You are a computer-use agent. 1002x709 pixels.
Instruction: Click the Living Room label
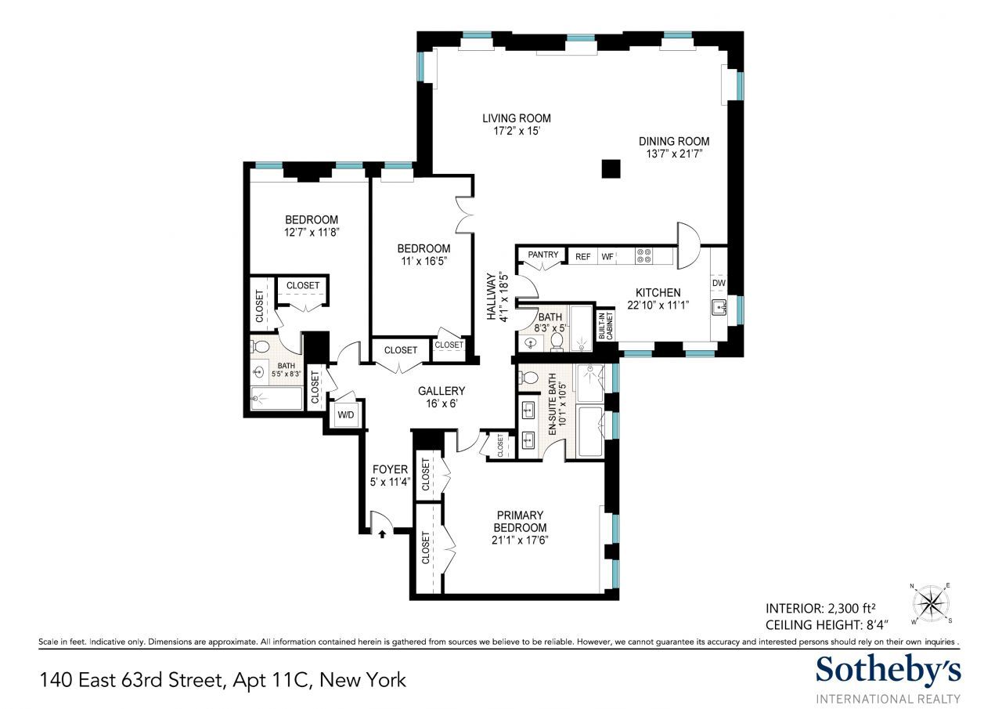click(x=516, y=118)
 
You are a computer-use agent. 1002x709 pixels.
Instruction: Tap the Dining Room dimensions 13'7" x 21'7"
click(x=674, y=154)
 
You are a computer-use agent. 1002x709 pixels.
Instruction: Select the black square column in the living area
click(x=611, y=168)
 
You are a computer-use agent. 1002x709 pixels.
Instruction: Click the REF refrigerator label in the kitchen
click(x=583, y=257)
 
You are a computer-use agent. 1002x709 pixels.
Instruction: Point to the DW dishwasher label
click(x=719, y=283)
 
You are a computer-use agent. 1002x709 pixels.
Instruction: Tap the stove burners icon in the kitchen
click(x=643, y=256)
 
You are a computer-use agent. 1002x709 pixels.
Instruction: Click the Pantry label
click(x=543, y=255)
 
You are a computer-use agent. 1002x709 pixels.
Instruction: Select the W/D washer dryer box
click(x=346, y=413)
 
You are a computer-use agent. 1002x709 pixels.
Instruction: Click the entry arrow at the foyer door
click(x=382, y=534)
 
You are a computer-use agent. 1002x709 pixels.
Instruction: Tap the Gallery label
click(x=442, y=391)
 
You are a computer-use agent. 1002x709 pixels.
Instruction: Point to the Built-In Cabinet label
click(x=606, y=325)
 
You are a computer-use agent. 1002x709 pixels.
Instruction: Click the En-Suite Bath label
click(x=553, y=404)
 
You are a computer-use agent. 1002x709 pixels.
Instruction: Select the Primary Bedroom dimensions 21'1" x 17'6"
click(x=520, y=541)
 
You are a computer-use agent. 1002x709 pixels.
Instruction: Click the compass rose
click(x=931, y=603)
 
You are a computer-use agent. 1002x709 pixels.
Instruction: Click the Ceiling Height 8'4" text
click(x=827, y=625)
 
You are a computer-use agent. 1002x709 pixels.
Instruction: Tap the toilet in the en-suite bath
click(x=528, y=378)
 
